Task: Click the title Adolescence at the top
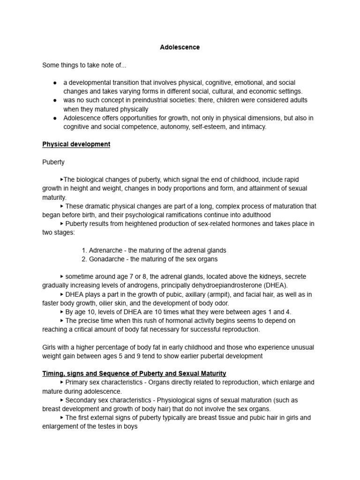180,47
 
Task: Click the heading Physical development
76,144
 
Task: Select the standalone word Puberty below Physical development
53,162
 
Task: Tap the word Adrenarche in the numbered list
105,250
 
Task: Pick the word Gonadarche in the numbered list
105,259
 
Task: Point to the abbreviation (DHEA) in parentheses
275,285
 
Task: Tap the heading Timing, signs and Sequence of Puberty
134,373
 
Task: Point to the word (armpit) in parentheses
218,294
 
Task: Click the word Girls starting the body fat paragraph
50,347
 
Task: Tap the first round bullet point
55,82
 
